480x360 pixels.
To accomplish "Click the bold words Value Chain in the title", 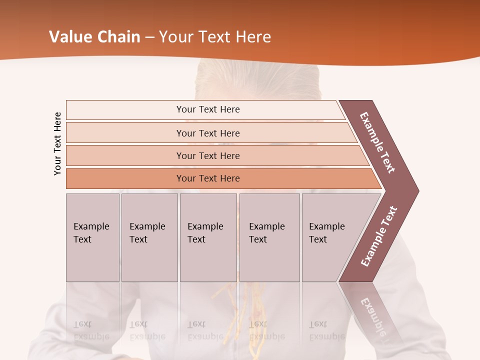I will point(94,37).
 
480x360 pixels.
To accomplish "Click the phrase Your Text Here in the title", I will point(215,37).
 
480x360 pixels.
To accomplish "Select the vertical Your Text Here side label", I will point(57,144).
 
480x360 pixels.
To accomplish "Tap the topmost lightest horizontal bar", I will point(208,109).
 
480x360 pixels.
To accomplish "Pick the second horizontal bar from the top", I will point(208,133).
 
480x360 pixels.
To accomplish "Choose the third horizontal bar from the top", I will point(208,155).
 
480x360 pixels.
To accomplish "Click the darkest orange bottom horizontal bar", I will point(208,178).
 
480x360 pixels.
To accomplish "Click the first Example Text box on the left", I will point(92,237).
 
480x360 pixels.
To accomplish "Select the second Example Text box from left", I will point(149,237).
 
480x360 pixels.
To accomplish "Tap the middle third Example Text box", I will point(208,237).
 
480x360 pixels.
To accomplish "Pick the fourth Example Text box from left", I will point(269,237).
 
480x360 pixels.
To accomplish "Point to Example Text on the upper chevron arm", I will point(377,142).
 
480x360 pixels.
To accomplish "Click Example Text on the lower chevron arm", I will point(379,236).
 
